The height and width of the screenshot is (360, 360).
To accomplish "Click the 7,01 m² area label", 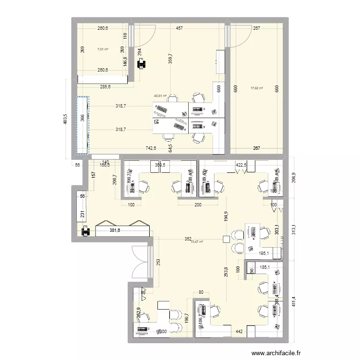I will pos(103,48).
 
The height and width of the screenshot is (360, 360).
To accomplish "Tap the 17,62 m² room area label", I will pos(257,88).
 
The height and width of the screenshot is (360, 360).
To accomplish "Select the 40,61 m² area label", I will pos(160,96).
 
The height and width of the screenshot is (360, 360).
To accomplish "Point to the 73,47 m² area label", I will pos(197,242).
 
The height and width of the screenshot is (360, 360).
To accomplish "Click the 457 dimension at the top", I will pos(179,29).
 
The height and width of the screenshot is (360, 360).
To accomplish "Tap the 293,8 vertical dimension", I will pos(226,275).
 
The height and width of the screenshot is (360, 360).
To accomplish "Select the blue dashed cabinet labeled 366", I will pos(82,125).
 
